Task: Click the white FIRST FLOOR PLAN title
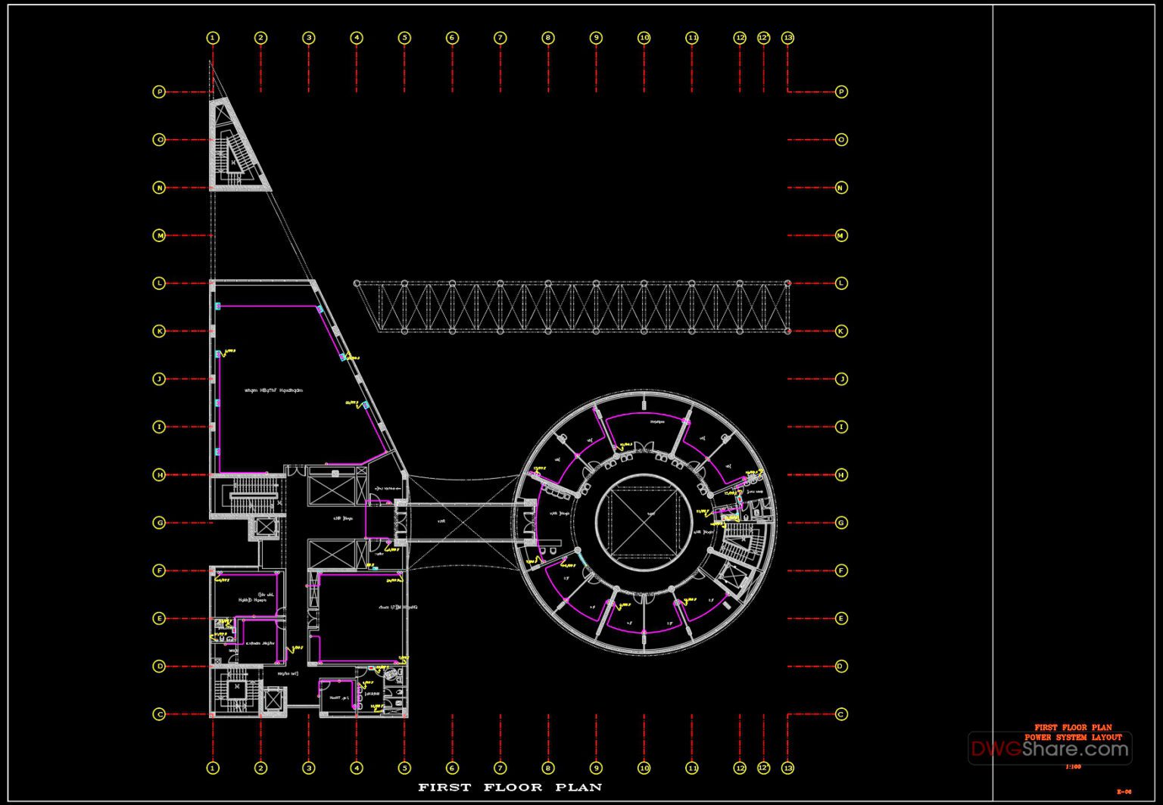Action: click(x=510, y=787)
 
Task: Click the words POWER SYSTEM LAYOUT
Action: click(x=1073, y=737)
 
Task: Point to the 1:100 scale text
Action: click(x=1073, y=766)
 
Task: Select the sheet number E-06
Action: click(x=1124, y=791)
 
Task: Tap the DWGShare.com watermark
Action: click(x=1050, y=749)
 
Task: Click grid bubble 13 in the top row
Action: click(x=787, y=37)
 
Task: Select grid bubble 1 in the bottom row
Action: click(x=213, y=768)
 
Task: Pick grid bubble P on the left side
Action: click(x=159, y=92)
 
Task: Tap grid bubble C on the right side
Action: click(x=841, y=713)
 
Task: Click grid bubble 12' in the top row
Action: click(x=763, y=37)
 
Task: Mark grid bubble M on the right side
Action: click(x=841, y=235)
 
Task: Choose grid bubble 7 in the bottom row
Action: click(x=500, y=768)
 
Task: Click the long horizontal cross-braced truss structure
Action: click(x=572, y=306)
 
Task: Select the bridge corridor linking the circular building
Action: click(x=458, y=522)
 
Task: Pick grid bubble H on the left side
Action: click(x=159, y=474)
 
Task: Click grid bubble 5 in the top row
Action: click(x=404, y=37)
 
